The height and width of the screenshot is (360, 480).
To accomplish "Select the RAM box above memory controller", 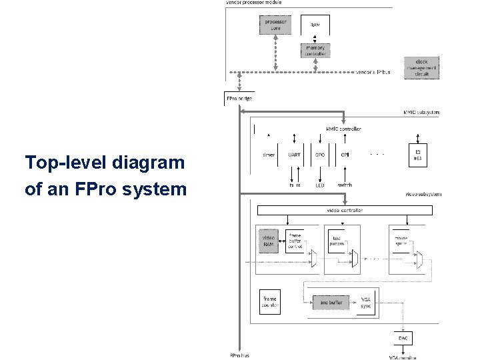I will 315,25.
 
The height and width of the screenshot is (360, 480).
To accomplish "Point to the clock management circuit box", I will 421,68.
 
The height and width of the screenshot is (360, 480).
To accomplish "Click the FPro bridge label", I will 239,99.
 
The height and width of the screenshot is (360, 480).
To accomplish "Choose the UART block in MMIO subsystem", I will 294,155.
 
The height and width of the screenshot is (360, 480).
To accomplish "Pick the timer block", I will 268,155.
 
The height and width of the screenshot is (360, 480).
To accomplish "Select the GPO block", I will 320,155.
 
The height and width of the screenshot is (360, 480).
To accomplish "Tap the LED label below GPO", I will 320,185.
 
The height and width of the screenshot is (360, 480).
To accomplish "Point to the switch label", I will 345,185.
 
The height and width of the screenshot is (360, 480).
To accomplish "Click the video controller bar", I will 345,211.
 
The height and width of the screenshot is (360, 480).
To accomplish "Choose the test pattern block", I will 337,241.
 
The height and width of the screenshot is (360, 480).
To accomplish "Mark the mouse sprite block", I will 401,241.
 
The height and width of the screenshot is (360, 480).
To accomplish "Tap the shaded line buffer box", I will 330,303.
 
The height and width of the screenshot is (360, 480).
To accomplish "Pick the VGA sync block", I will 366,303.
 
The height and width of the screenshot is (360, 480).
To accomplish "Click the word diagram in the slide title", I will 148,163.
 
